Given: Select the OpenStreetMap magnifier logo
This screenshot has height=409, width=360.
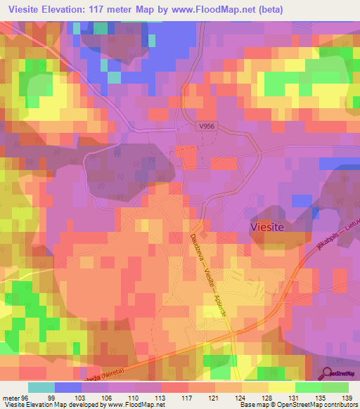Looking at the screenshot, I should click(339, 375).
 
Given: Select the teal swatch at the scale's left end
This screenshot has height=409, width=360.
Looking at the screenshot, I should click(41, 387).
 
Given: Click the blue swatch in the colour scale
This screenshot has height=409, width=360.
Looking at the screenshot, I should click(68, 387).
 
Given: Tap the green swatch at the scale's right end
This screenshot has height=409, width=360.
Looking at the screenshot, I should click(335, 387).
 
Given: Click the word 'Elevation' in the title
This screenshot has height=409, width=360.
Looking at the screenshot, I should click(75, 9).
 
